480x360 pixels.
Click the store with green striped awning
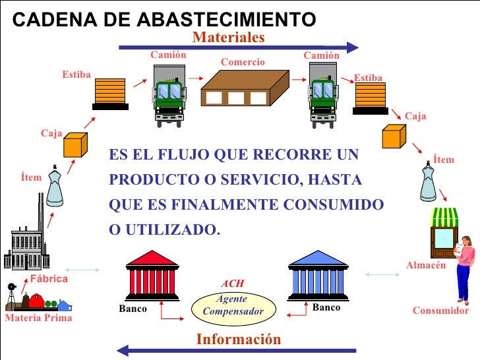pos(444,235)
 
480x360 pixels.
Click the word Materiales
pos(228,38)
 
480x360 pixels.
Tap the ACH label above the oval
pos(232,284)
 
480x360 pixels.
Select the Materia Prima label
pos(38,318)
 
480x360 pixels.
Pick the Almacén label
pos(427,265)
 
